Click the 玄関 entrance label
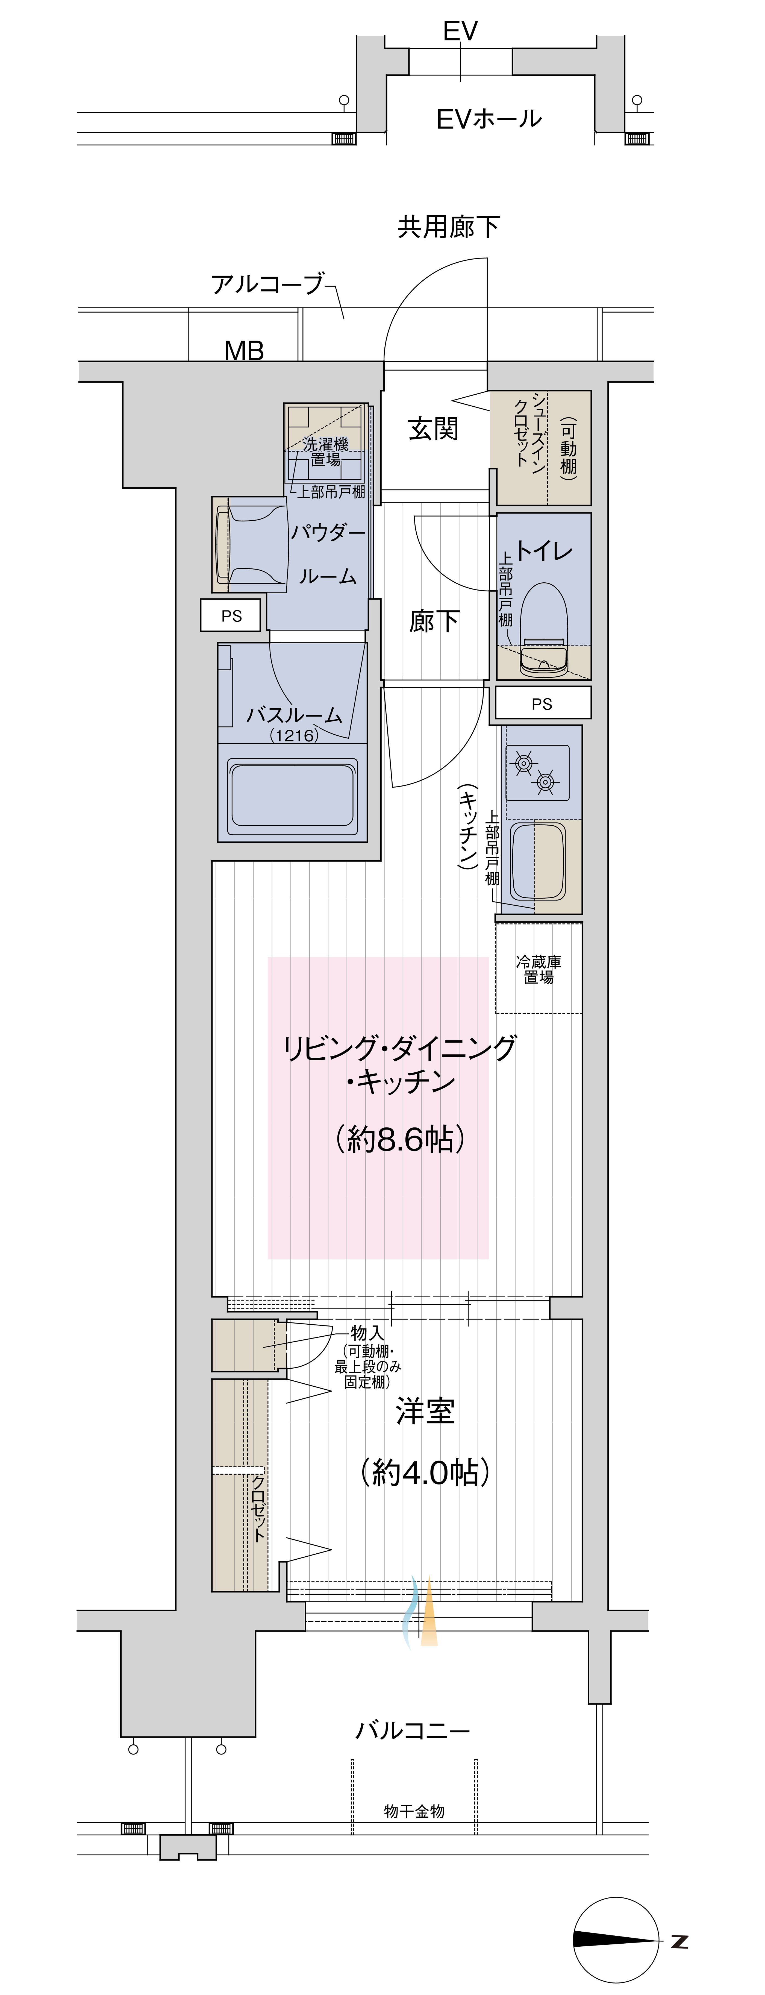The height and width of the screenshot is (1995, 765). pyautogui.click(x=434, y=428)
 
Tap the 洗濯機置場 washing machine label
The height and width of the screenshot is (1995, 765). pyautogui.click(x=325, y=451)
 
